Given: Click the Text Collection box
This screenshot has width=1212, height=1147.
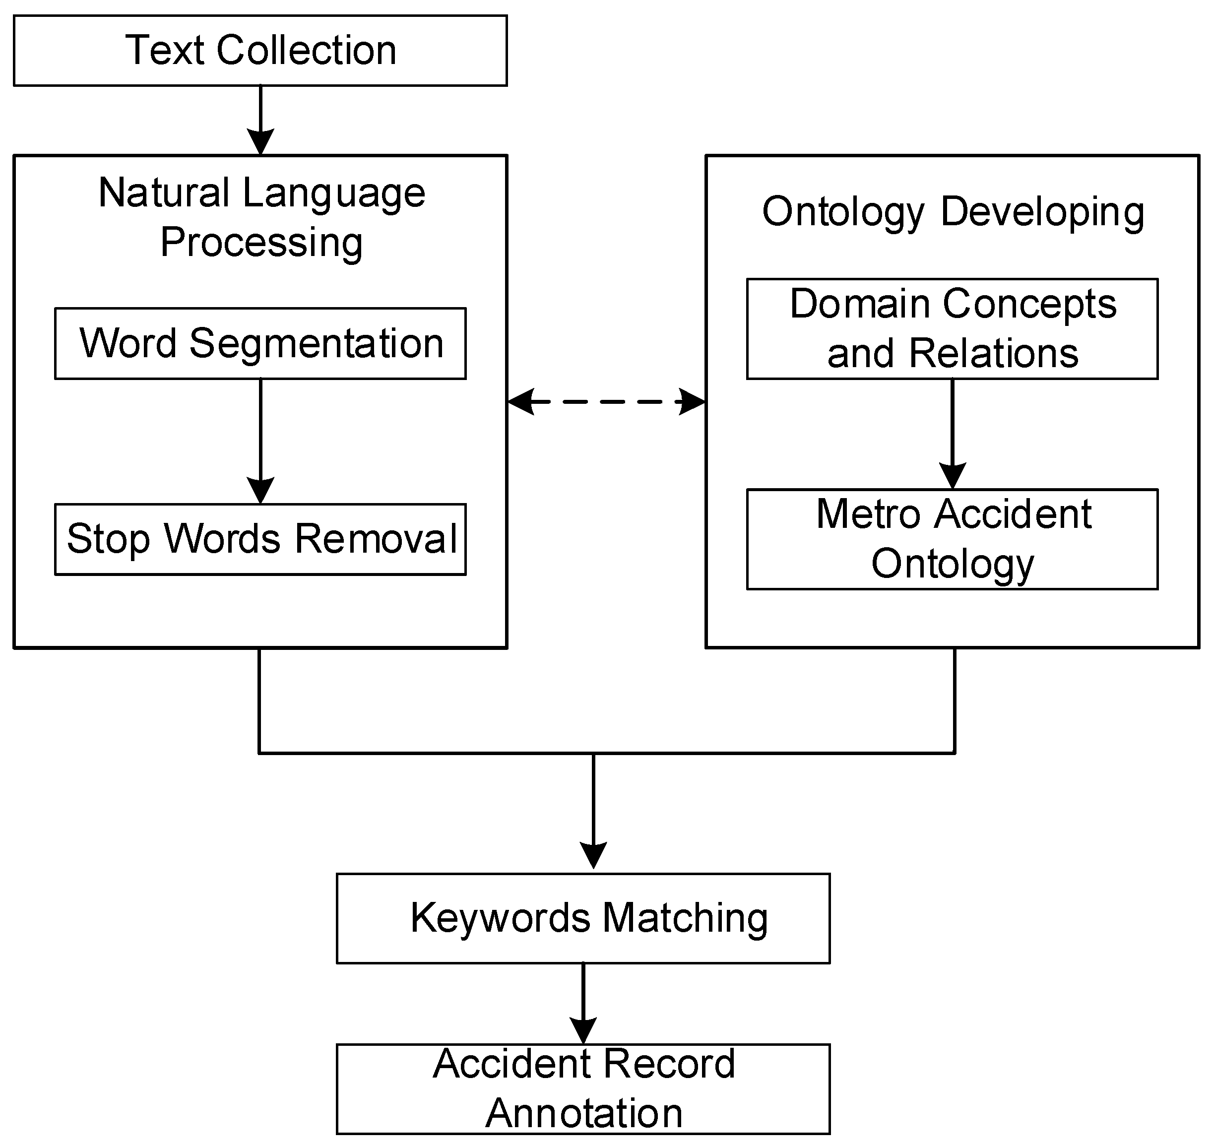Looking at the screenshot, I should click(x=260, y=51).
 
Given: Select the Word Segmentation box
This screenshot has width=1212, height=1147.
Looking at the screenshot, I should click(x=260, y=344).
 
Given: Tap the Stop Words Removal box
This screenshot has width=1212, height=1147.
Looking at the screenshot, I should click(x=260, y=539).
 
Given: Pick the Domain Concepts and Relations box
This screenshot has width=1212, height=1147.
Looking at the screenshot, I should click(x=952, y=329).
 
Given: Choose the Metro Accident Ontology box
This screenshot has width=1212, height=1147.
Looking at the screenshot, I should click(x=952, y=539).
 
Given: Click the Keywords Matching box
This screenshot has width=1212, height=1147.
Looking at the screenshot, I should click(x=583, y=918).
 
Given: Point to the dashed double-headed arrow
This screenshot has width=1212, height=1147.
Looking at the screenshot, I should click(x=606, y=402).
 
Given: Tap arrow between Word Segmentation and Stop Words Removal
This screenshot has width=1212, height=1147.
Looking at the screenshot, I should click(x=260, y=440).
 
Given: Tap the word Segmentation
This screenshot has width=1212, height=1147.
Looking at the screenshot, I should click(x=316, y=344).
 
